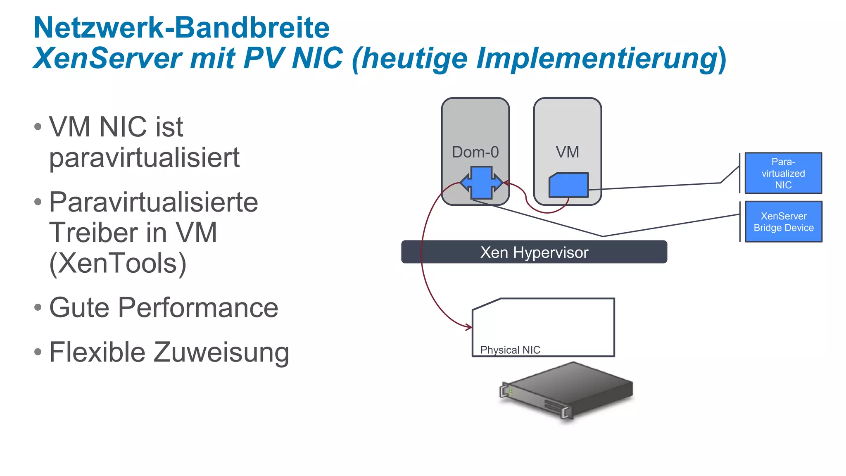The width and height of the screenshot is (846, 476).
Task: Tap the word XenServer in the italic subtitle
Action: pos(107,58)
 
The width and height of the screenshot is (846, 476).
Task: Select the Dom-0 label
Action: pos(475,152)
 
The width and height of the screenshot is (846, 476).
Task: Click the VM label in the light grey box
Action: pos(567,152)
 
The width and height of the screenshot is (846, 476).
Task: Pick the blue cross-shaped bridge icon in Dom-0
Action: pos(482,183)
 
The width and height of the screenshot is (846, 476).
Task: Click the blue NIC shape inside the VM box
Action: pos(568,185)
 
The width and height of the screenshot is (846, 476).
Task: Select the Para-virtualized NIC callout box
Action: pos(783,173)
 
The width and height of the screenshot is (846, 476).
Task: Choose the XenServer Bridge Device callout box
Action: pos(783,222)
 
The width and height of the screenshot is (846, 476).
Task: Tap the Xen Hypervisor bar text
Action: pos(534,252)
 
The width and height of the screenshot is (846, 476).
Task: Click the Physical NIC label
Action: pos(510,350)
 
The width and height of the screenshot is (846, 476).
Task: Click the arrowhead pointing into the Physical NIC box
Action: pos(469,327)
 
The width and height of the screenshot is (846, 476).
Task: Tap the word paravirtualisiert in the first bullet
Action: pos(144,158)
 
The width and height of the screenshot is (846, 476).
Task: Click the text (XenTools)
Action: pos(118,263)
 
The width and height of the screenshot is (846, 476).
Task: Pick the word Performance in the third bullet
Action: pos(198,308)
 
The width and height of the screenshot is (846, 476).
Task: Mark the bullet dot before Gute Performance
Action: pos(38,307)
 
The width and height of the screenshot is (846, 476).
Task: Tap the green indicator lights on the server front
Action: pos(511,390)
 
